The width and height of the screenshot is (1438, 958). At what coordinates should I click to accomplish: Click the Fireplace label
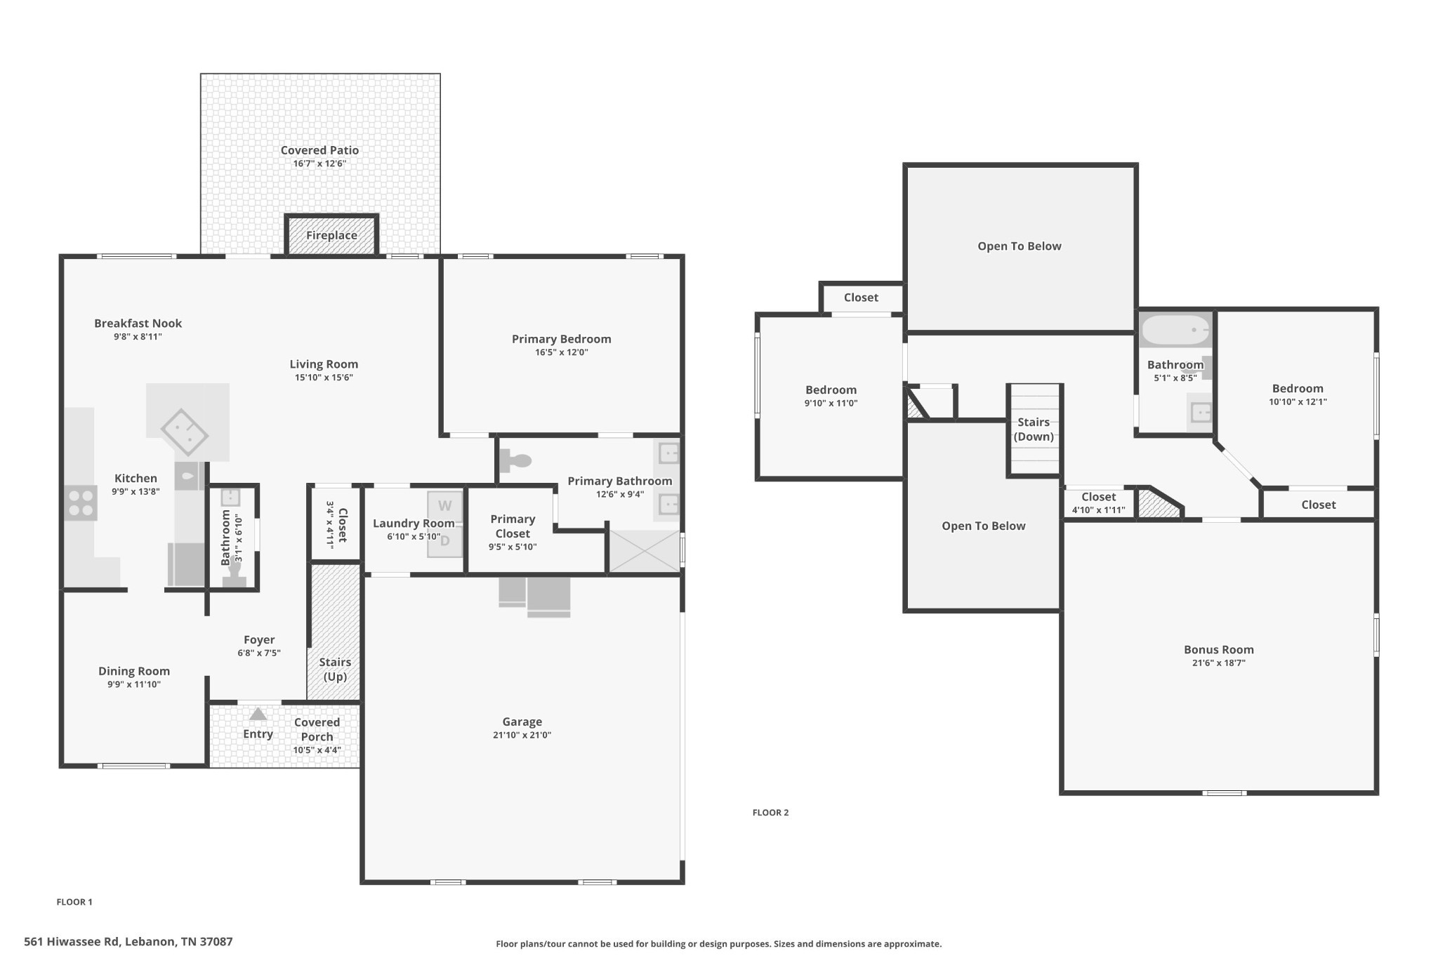click(x=331, y=235)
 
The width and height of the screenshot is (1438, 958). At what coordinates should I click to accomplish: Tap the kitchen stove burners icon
click(x=81, y=503)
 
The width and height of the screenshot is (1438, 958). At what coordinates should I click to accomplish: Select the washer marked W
click(x=444, y=506)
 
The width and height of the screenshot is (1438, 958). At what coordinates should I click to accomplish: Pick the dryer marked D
click(x=444, y=541)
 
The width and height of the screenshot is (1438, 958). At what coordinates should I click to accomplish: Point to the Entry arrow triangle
click(x=258, y=714)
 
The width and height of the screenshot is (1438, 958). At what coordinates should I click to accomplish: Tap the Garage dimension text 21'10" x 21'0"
click(x=522, y=736)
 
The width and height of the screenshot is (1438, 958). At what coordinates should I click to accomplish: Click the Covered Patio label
click(x=319, y=150)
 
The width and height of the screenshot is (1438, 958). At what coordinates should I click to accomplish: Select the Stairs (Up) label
click(x=335, y=670)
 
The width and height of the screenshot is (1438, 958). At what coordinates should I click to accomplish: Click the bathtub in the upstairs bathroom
click(x=1176, y=330)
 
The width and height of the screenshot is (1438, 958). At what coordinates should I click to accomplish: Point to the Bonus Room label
click(x=1219, y=650)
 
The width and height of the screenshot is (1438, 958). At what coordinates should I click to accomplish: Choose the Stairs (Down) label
click(x=1034, y=430)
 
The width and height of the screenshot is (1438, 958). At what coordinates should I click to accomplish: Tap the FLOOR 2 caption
click(x=770, y=813)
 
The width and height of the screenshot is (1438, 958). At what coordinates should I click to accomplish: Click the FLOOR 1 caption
click(x=74, y=902)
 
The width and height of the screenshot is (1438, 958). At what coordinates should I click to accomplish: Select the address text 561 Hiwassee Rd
click(x=72, y=942)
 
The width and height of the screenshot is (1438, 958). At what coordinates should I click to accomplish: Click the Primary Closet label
click(x=513, y=526)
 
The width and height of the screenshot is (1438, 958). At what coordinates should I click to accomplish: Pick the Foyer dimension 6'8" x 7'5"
click(x=259, y=653)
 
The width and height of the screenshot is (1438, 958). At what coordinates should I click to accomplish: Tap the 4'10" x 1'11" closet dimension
click(x=1098, y=510)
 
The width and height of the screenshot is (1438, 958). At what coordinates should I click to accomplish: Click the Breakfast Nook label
click(x=138, y=324)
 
